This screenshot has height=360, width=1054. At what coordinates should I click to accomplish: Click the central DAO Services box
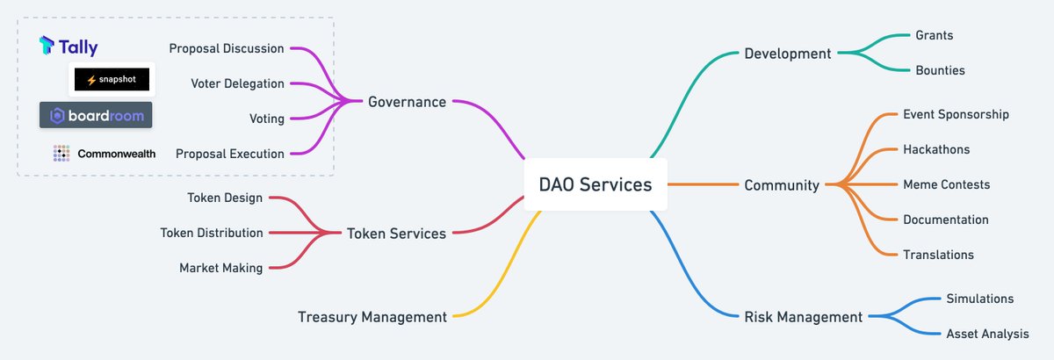tap(595, 184)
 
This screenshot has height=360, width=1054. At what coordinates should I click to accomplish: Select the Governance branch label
tap(407, 102)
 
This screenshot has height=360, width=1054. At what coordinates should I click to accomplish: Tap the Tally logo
tap(69, 47)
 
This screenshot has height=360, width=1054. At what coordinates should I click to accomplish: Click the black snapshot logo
tap(112, 80)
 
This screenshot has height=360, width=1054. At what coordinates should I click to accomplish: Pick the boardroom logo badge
tap(96, 115)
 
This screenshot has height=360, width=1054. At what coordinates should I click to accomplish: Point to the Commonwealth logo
tap(105, 154)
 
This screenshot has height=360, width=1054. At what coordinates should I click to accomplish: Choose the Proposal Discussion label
tap(227, 48)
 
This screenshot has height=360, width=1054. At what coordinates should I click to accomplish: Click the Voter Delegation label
tap(237, 83)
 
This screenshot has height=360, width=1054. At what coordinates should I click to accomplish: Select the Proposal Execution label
tap(230, 154)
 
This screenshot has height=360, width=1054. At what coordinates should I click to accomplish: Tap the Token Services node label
tap(396, 234)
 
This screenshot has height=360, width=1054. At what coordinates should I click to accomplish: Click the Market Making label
tap(220, 268)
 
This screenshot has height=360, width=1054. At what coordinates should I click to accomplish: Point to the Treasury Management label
tap(372, 317)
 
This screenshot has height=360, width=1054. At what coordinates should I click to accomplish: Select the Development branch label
tap(787, 54)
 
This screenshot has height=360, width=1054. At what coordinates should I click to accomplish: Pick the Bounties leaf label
tap(940, 70)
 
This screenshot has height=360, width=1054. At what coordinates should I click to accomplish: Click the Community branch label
tap(782, 185)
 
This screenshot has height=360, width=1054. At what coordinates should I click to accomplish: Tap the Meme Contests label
tap(946, 184)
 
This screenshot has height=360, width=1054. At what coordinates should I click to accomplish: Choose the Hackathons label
tap(936, 149)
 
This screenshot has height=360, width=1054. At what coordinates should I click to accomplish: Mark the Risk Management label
tap(803, 317)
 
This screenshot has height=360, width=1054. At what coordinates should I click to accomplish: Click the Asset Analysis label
tap(987, 334)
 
